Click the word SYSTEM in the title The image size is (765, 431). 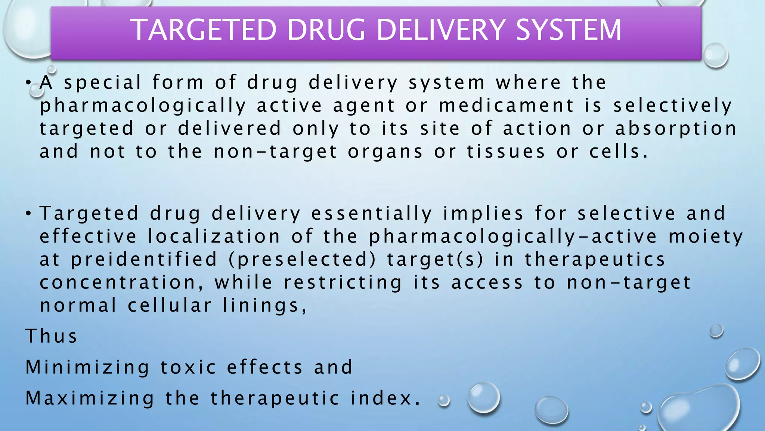click(569, 30)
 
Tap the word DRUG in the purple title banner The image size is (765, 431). click(326, 30)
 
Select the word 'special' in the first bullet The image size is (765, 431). click(103, 82)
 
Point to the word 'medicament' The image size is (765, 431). click(506, 106)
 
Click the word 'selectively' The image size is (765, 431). click(672, 106)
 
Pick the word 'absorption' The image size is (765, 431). click(676, 128)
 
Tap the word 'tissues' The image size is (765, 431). click(506, 152)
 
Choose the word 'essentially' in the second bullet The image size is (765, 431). click(372, 213)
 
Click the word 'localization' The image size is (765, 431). click(214, 236)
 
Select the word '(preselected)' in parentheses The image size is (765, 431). click(302, 260)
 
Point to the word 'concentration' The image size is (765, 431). click(121, 283)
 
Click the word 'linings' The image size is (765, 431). click(264, 306)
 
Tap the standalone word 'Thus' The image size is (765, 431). click(51, 336)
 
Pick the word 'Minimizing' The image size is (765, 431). click(87, 367)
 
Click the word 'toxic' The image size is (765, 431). click(188, 367)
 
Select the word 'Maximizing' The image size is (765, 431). click(90, 398)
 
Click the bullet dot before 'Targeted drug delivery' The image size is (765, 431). click(28, 213)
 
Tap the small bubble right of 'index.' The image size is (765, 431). click(444, 401)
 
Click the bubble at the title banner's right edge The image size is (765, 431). click(715, 55)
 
